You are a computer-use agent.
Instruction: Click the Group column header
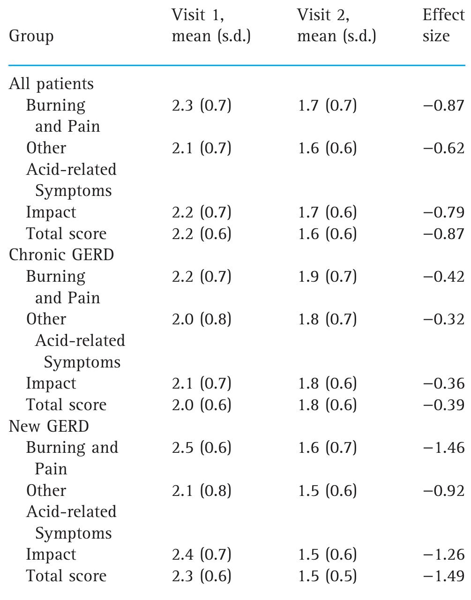[x=31, y=37]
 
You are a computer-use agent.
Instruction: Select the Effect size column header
[x=443, y=25]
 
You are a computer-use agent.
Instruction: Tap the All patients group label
[x=51, y=84]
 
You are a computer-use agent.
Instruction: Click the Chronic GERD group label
[x=61, y=255]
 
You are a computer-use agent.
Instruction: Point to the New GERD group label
[x=49, y=426]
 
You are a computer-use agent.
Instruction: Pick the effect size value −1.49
[x=443, y=576]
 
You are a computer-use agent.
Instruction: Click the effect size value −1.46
[x=443, y=448]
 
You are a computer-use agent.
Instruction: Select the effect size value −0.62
[x=443, y=148]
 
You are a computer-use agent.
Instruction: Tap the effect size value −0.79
[x=443, y=212]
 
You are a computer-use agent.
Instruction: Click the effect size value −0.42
[x=443, y=277]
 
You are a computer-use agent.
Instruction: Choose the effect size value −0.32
[x=443, y=319]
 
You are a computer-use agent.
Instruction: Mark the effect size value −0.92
[x=443, y=490]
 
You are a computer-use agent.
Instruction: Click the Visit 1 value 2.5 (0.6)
[x=202, y=448]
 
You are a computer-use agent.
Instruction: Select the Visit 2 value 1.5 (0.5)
[x=327, y=576]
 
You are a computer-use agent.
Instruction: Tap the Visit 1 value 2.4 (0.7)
[x=202, y=555]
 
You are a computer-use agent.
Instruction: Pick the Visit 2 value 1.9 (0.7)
[x=327, y=277]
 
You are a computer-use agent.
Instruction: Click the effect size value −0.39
[x=443, y=405]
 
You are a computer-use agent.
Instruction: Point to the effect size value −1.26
[x=443, y=555]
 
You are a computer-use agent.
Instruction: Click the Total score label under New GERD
[x=66, y=576]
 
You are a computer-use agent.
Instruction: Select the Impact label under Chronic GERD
[x=51, y=383]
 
